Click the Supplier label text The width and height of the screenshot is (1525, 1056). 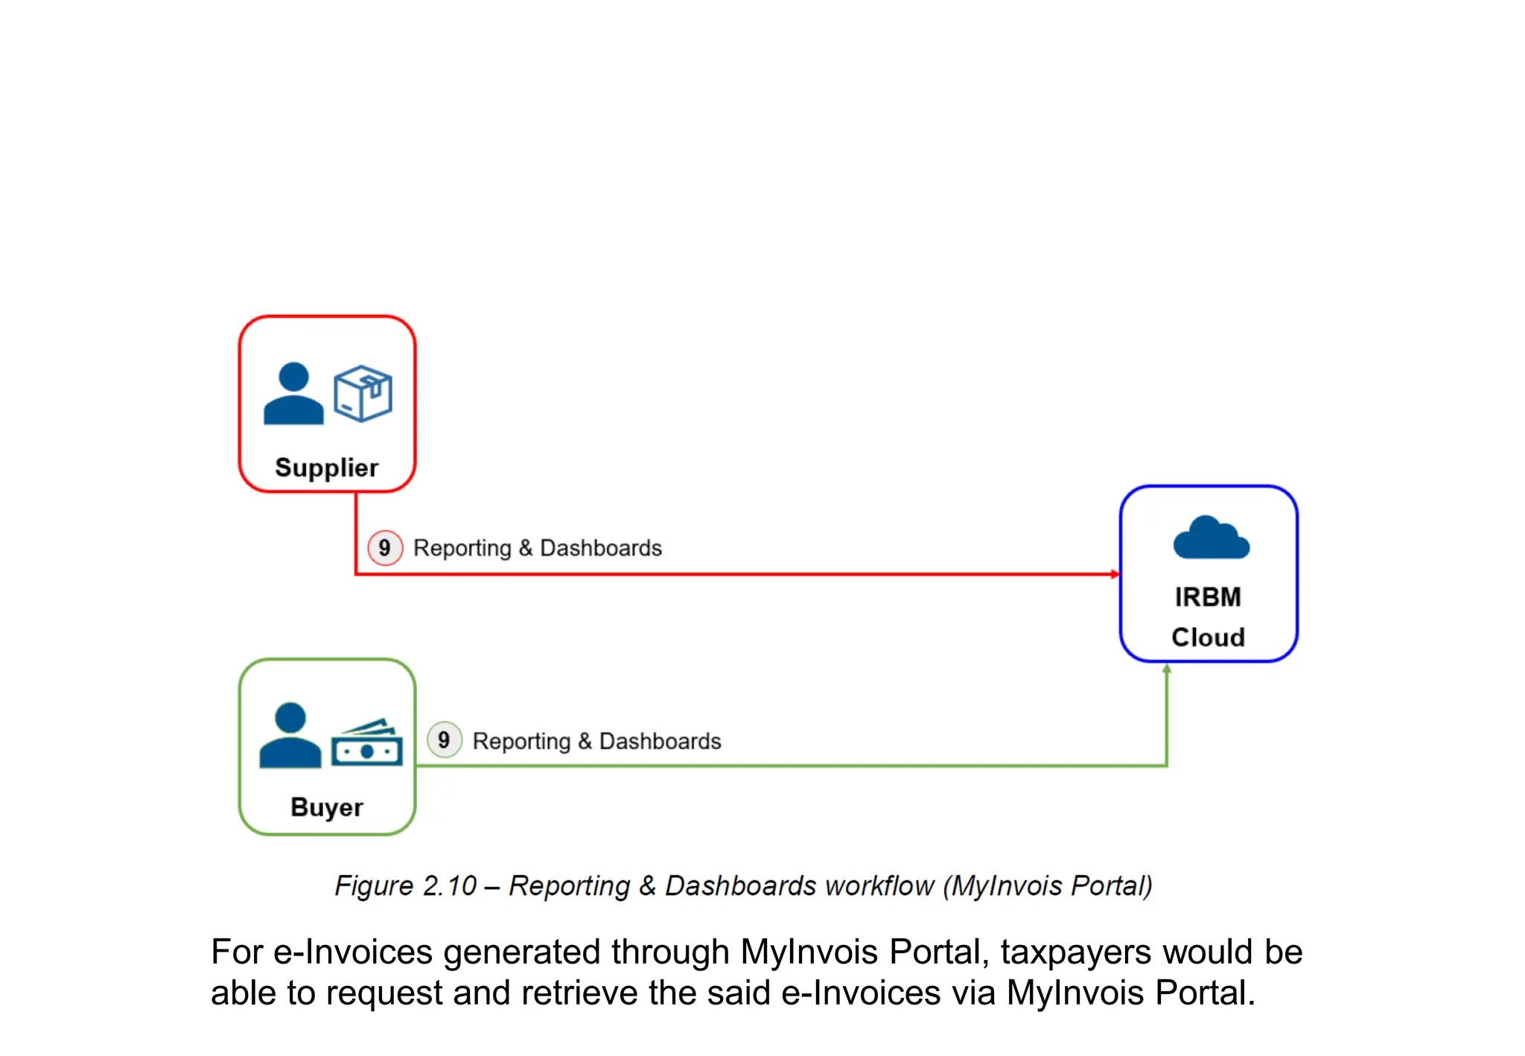pyautogui.click(x=326, y=468)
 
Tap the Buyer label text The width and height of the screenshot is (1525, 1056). pyautogui.click(x=326, y=807)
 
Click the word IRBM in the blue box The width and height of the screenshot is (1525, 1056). pyautogui.click(x=1207, y=597)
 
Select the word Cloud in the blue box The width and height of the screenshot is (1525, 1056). pyautogui.click(x=1207, y=637)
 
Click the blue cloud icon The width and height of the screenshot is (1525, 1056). pyautogui.click(x=1211, y=538)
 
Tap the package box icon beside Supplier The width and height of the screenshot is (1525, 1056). pyautogui.click(x=363, y=393)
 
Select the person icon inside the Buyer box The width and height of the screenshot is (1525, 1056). pyautogui.click(x=290, y=735)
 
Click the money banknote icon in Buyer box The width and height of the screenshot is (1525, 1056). pyautogui.click(x=366, y=743)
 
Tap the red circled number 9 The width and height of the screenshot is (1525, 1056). pyautogui.click(x=384, y=548)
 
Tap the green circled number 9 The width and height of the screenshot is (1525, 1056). pyautogui.click(x=444, y=739)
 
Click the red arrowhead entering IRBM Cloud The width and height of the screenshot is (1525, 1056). pyautogui.click(x=1115, y=574)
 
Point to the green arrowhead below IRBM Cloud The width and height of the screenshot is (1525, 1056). pyautogui.click(x=1167, y=669)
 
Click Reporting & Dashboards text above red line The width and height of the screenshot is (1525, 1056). pyautogui.click(x=537, y=548)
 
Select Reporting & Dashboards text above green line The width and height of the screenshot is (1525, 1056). pyautogui.click(x=596, y=741)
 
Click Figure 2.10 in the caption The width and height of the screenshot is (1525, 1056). pyautogui.click(x=405, y=886)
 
